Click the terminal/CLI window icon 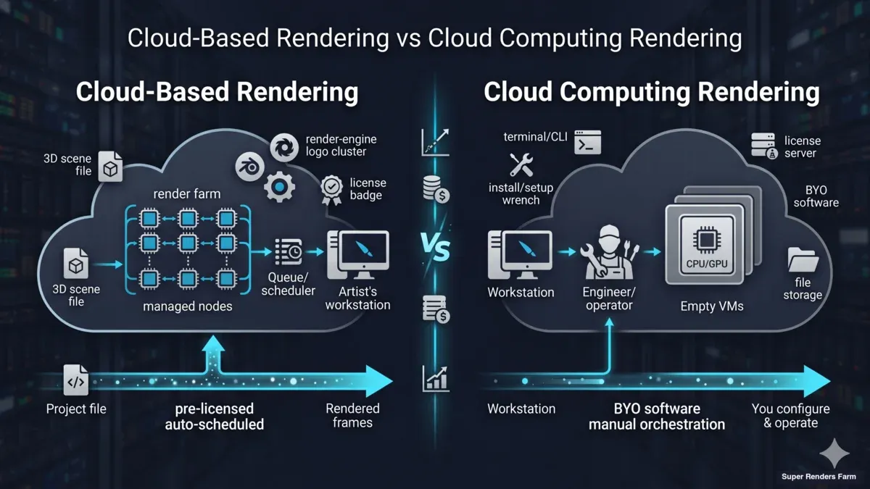587,143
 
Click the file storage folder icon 803,259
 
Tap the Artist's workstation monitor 358,254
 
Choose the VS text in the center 435,251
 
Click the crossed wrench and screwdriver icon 521,164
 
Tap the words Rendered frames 352,415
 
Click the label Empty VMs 711,306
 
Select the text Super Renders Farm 819,476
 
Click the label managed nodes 188,306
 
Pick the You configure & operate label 790,416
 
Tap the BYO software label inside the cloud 816,196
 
